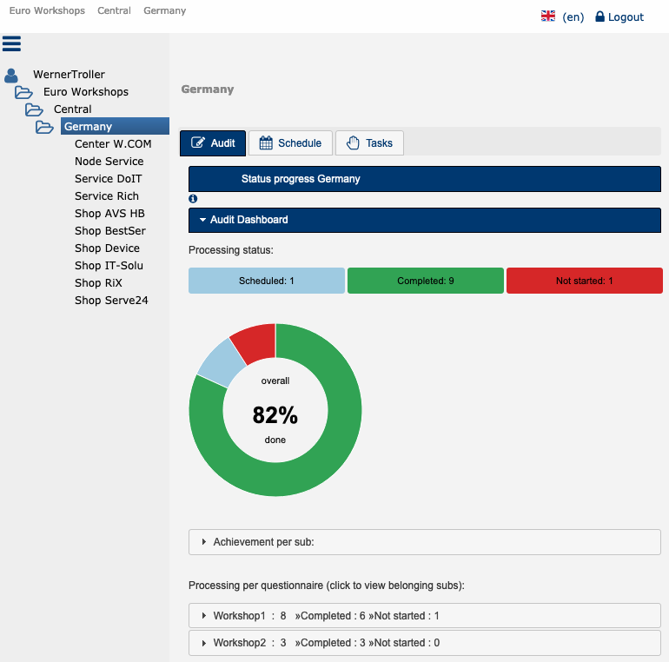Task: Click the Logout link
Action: click(x=619, y=17)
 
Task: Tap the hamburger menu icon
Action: click(x=11, y=43)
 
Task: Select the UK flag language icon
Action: click(x=548, y=17)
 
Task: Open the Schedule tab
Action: click(x=290, y=143)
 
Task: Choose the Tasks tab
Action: click(x=369, y=143)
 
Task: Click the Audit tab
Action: click(x=213, y=143)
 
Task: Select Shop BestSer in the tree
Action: click(x=109, y=231)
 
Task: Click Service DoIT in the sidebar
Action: click(x=107, y=179)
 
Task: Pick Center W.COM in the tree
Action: click(x=113, y=144)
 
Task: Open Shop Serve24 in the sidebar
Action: click(x=111, y=301)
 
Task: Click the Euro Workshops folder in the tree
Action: click(x=85, y=92)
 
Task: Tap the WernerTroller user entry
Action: click(x=69, y=75)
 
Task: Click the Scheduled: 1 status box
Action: click(x=267, y=281)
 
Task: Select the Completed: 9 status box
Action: click(x=425, y=281)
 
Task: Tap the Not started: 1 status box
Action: click(x=584, y=281)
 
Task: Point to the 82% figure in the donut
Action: click(x=275, y=416)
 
